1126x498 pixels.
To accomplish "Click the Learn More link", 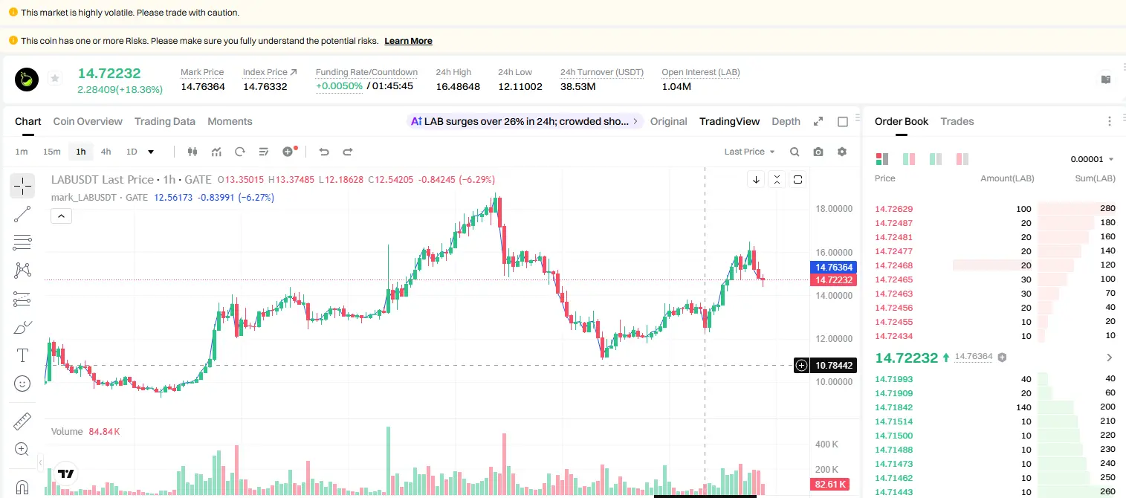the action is point(408,41).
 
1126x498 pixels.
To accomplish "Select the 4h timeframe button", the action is point(106,152).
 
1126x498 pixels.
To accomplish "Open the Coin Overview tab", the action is point(88,121).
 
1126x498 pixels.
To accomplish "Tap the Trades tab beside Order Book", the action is point(957,121).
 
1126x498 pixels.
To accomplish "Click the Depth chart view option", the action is point(786,121).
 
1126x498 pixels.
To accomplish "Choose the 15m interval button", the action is point(52,152).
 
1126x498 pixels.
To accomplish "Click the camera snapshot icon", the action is point(818,152).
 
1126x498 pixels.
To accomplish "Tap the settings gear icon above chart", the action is point(842,152).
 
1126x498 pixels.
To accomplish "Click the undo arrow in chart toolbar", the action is point(324,152).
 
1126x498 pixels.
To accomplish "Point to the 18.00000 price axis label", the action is point(834,209).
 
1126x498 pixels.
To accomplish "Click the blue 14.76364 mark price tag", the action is point(833,268).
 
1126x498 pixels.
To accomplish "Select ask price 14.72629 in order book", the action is point(894,209).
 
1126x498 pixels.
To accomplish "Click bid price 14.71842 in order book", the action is point(894,407).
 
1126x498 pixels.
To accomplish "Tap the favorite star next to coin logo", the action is point(55,78).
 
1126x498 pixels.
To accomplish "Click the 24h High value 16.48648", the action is point(458,86).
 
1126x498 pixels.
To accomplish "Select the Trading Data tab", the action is point(165,121).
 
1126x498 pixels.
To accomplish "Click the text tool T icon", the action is point(22,355).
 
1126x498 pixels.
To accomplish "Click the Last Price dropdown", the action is point(749,152).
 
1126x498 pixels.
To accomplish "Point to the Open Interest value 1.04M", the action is point(676,86).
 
